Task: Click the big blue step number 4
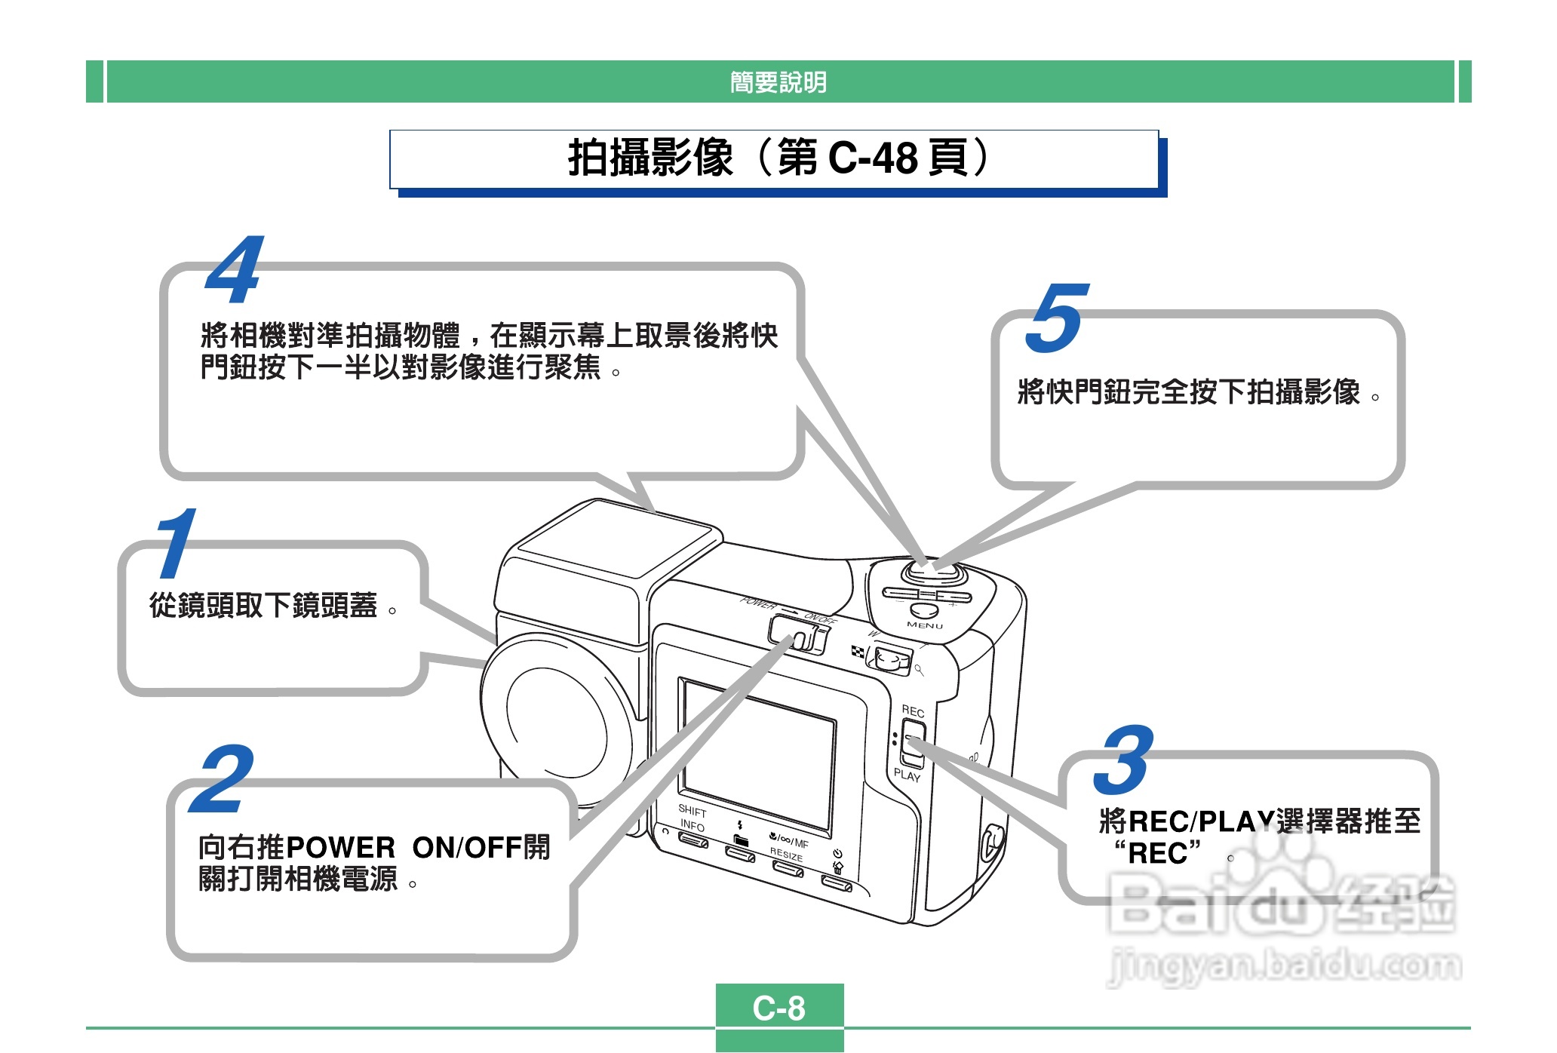235,270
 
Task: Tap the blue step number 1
176,543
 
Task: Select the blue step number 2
221,779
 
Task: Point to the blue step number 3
1124,760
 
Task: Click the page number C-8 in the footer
779,1008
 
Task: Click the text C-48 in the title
873,158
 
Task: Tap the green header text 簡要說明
778,81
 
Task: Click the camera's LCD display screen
759,754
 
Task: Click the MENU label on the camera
925,625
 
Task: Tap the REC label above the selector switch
913,711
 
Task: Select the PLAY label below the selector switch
907,775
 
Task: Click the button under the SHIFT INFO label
693,840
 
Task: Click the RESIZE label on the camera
786,855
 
